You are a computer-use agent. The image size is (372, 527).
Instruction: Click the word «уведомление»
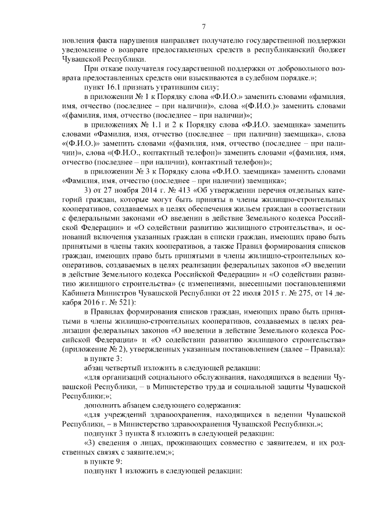[88, 51]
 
